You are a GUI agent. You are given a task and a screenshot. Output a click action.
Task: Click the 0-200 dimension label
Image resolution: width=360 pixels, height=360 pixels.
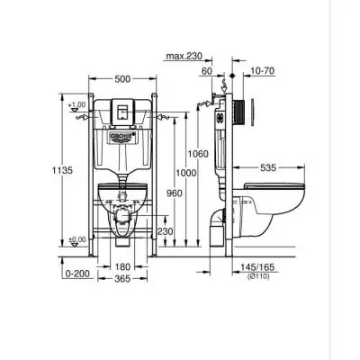(78, 271)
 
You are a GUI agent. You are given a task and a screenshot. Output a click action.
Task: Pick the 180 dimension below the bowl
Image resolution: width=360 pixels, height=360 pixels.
(122, 267)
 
